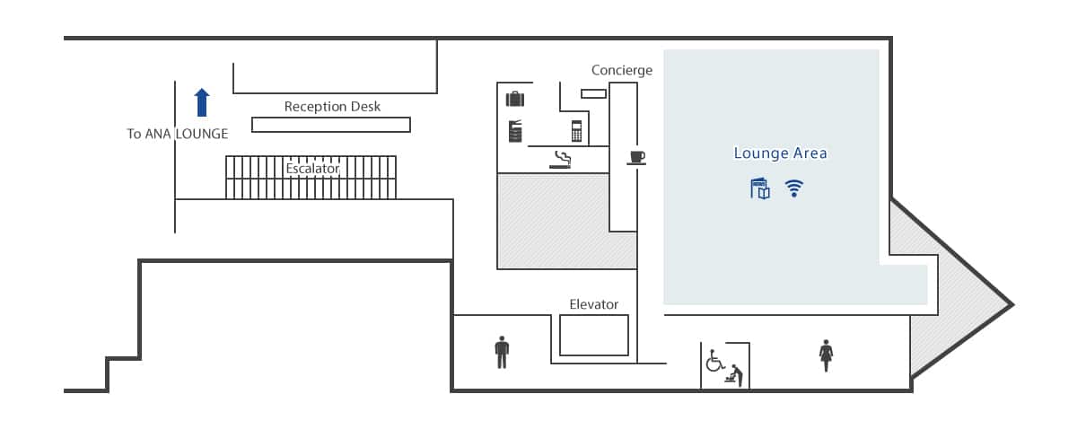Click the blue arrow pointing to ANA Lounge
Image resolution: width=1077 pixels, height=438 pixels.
(202, 102)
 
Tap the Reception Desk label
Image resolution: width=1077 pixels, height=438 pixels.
(332, 106)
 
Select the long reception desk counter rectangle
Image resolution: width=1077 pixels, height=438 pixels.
(331, 125)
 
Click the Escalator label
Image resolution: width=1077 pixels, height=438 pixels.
(312, 168)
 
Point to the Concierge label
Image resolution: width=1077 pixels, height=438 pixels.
(622, 70)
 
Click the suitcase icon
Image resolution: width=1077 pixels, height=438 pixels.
(515, 99)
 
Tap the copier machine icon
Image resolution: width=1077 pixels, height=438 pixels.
(515, 131)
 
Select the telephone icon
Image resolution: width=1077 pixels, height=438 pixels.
(576, 131)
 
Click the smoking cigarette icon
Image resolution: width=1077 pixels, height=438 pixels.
(560, 160)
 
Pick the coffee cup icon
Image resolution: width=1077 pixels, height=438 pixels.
(636, 158)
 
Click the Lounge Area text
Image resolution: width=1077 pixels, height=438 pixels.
(780, 153)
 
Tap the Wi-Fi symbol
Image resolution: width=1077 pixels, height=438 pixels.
(793, 188)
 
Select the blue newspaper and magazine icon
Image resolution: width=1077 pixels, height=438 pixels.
(760, 188)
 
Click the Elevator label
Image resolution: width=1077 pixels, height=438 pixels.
(593, 304)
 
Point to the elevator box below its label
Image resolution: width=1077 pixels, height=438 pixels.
(594, 335)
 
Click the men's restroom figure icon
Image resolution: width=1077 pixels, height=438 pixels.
(502, 353)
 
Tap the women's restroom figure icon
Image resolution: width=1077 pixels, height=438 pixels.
(826, 355)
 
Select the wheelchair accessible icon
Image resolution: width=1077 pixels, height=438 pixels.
(714, 361)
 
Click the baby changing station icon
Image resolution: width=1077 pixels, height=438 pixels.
(734, 375)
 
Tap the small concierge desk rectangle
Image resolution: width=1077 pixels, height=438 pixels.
(593, 93)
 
